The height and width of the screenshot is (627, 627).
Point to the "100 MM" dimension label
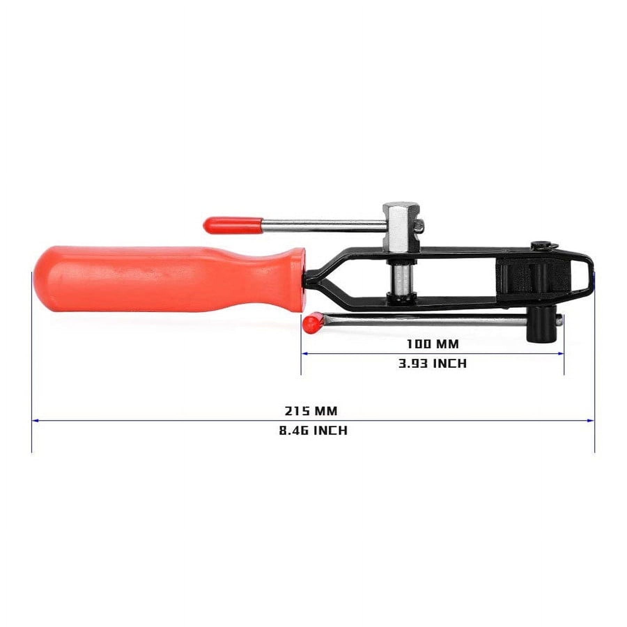433,344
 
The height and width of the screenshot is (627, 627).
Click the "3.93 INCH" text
432,364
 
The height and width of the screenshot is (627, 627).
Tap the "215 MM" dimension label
311,411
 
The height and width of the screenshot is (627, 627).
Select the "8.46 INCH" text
313,431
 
